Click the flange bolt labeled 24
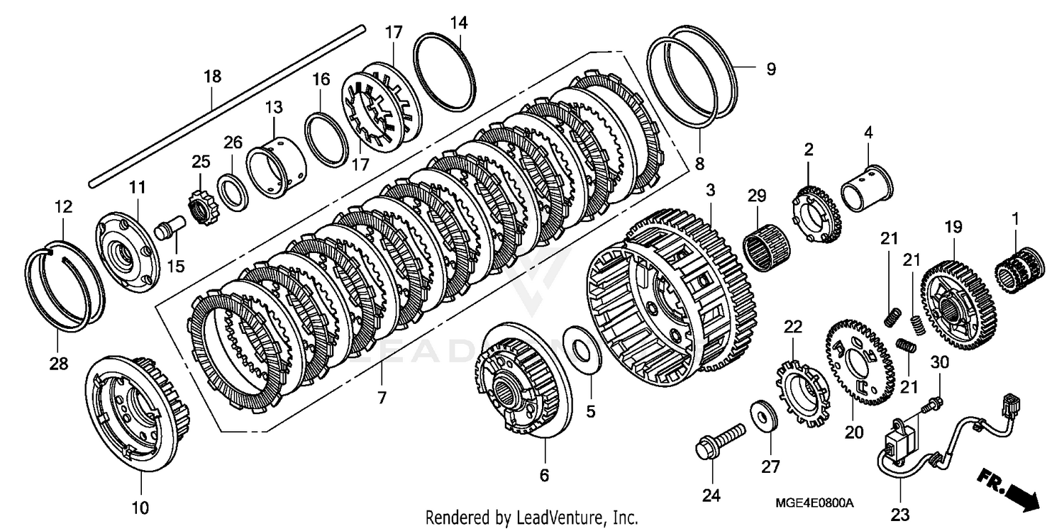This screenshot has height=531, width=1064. pyautogui.click(x=718, y=440)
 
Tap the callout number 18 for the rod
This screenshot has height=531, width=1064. pyautogui.click(x=213, y=75)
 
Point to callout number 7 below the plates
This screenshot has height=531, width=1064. pyautogui.click(x=382, y=398)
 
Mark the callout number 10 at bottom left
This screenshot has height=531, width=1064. pyautogui.click(x=140, y=508)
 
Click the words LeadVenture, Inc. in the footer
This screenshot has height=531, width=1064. pyautogui.click(x=572, y=518)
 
